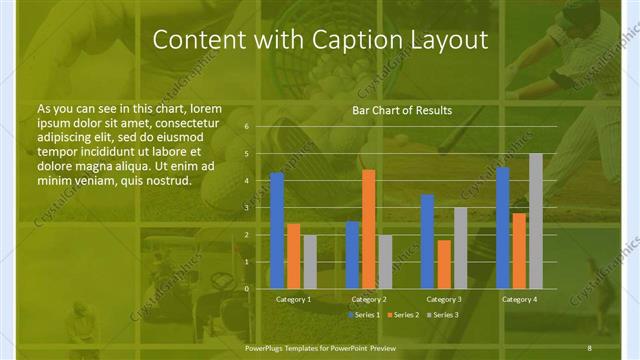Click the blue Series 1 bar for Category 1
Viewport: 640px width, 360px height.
pos(277,231)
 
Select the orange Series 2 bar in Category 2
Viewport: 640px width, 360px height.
pos(369,229)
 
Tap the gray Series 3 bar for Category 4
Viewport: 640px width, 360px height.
pos(536,221)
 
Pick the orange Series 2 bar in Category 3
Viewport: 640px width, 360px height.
pos(444,264)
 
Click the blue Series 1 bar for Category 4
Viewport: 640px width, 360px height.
pos(503,228)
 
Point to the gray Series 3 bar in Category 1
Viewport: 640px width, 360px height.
pos(310,262)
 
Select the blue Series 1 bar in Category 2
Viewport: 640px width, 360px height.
pos(352,255)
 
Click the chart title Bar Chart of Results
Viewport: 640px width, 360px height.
pos(403,110)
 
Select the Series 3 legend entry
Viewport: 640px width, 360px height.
pos(445,315)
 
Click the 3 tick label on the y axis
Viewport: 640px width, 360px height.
pos(246,208)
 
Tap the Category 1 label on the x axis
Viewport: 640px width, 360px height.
pos(293,299)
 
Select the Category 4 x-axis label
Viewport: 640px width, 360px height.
pos(519,299)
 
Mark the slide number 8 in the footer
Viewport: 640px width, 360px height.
pos(590,347)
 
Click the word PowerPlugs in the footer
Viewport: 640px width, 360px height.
pos(269,347)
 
